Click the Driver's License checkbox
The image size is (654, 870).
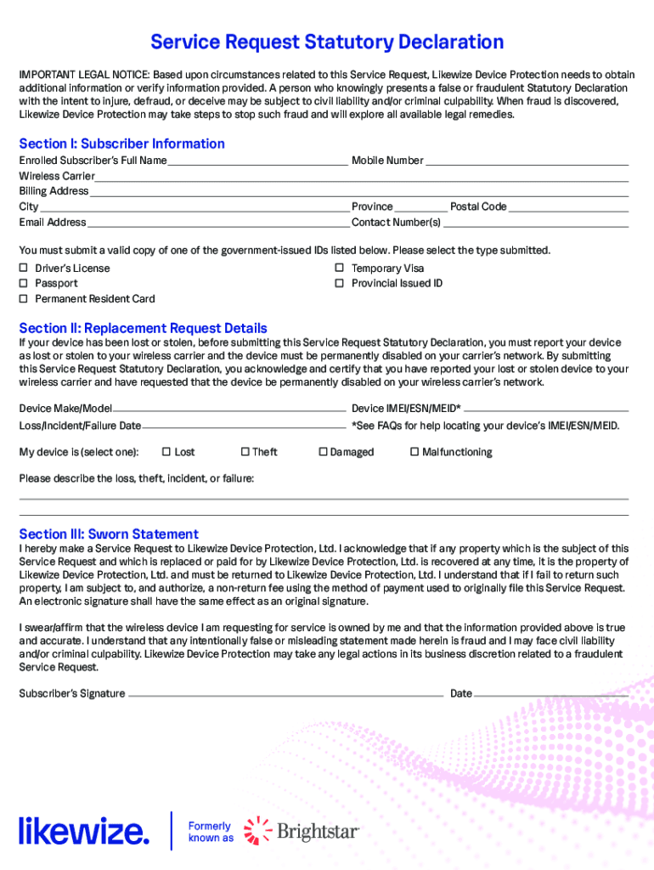click(x=24, y=268)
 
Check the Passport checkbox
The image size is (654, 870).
click(x=24, y=284)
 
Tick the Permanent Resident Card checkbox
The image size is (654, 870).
click(x=24, y=299)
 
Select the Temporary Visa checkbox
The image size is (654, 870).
click(x=339, y=268)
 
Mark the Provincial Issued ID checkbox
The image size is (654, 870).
click(x=339, y=284)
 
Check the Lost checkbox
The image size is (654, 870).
click(x=166, y=452)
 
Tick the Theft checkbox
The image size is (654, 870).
click(x=245, y=452)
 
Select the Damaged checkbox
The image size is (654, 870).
click(x=323, y=452)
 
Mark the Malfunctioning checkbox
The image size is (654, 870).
click(x=414, y=452)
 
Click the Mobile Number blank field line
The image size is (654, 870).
click(x=527, y=161)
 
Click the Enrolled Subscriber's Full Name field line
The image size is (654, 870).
click(x=258, y=161)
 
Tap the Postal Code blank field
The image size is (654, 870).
click(x=568, y=207)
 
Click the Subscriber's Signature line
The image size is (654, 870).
click(x=285, y=694)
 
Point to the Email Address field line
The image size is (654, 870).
click(x=218, y=223)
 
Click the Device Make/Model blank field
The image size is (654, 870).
click(x=230, y=409)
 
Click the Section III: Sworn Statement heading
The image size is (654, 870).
click(x=109, y=534)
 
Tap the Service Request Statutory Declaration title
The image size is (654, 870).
click(x=327, y=42)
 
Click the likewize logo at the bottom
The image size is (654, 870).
click(x=84, y=830)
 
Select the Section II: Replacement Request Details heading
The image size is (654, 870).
click(x=143, y=328)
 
